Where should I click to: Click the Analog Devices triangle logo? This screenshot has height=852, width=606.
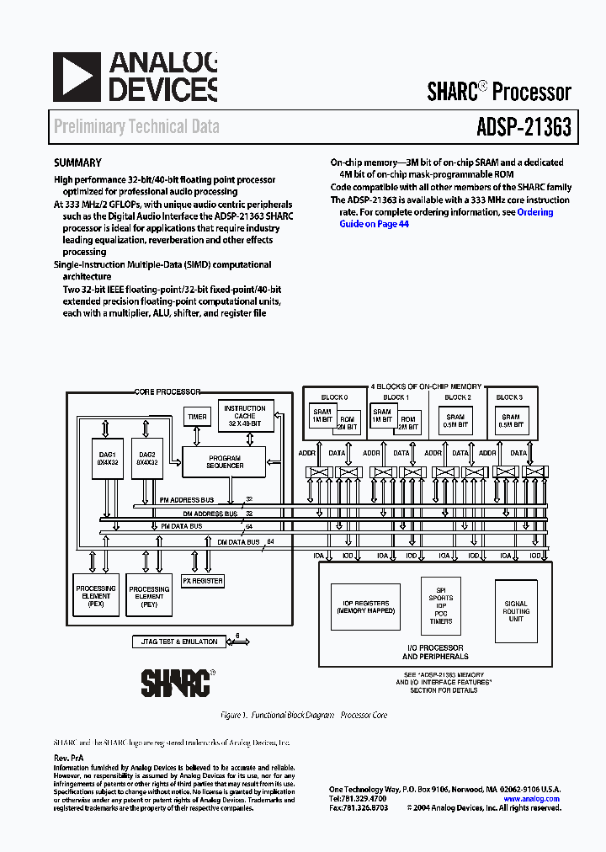point(77,77)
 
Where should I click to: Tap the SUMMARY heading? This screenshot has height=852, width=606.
point(77,163)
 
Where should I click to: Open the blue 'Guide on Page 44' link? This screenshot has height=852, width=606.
point(374,225)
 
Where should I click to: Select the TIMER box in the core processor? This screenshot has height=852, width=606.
point(197,417)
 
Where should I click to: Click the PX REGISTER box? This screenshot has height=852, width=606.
point(203,581)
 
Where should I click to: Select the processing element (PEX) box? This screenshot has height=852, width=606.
point(96,594)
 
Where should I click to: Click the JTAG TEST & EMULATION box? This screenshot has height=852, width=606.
point(176,642)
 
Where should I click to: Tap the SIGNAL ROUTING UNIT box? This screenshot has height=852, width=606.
point(516,611)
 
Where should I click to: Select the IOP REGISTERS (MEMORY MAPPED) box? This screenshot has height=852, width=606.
point(365,607)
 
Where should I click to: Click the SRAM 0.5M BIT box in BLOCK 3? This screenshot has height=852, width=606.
point(511,421)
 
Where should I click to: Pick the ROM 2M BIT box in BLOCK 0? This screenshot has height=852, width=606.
point(346,422)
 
